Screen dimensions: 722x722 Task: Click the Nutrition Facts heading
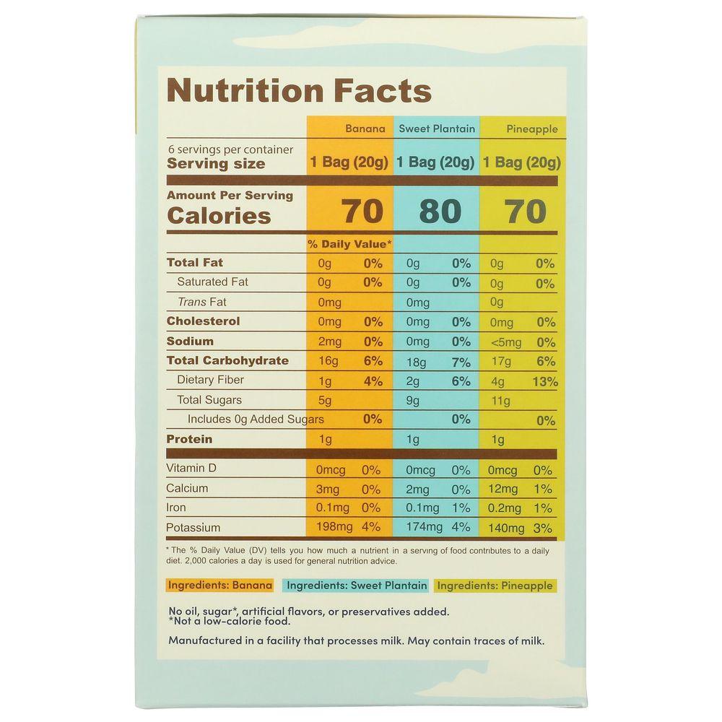tap(299, 92)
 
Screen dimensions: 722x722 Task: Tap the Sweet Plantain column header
tap(437, 129)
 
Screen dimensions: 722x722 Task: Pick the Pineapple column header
tap(531, 130)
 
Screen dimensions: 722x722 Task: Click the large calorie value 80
tap(440, 212)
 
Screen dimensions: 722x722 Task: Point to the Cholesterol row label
tap(203, 321)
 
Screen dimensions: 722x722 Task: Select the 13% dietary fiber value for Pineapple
tap(545, 382)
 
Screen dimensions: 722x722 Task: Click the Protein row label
tap(189, 439)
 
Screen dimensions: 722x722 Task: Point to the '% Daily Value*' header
tap(350, 244)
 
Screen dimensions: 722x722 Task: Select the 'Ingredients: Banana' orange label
tap(220, 586)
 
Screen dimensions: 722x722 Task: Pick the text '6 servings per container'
tap(230, 149)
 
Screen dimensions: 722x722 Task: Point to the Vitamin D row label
tap(191, 469)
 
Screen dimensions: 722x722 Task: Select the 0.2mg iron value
tap(503, 509)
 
